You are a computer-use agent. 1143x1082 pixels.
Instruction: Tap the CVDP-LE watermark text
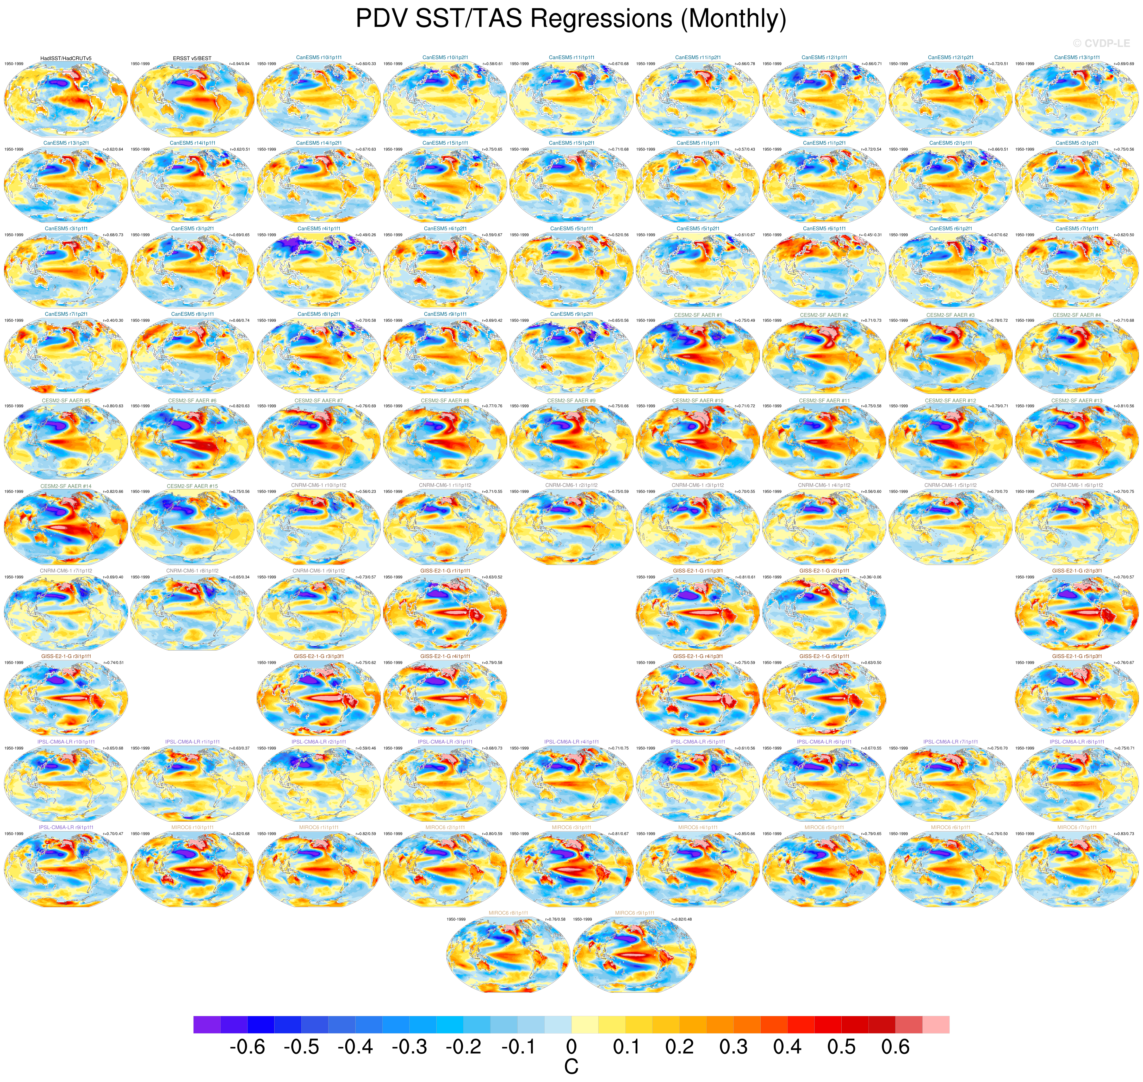click(1101, 43)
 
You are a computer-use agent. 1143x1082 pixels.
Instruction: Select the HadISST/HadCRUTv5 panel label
click(66, 58)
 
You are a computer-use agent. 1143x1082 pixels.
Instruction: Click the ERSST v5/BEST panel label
click(192, 58)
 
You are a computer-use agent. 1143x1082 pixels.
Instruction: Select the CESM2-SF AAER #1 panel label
click(698, 315)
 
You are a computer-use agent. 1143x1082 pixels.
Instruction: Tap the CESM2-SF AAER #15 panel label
click(192, 486)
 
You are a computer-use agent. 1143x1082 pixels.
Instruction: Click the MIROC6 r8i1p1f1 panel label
click(508, 913)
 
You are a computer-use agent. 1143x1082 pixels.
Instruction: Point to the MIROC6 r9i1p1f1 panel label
click(635, 913)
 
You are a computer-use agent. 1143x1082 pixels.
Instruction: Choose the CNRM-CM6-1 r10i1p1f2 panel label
click(319, 486)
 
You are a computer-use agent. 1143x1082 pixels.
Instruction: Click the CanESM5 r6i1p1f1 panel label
click(824, 229)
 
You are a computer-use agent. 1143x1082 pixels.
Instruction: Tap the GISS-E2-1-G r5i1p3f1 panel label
click(1077, 656)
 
